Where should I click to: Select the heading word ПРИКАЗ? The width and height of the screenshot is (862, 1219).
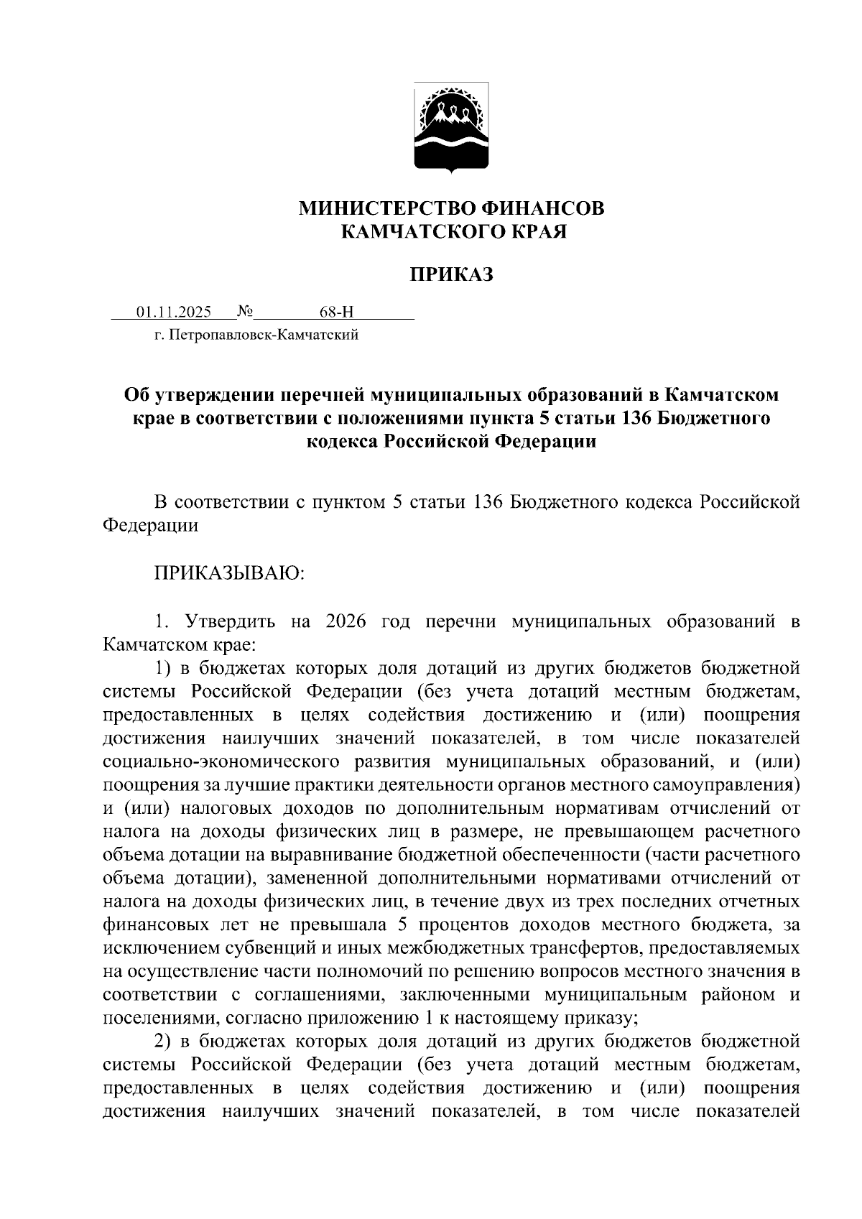click(x=452, y=274)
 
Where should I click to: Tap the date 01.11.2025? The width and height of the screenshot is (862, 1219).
click(x=174, y=312)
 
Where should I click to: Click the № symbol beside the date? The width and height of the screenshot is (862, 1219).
click(x=246, y=312)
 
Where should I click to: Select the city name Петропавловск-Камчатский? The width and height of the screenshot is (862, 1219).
click(x=264, y=335)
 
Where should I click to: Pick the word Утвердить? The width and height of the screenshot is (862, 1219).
click(x=230, y=621)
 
